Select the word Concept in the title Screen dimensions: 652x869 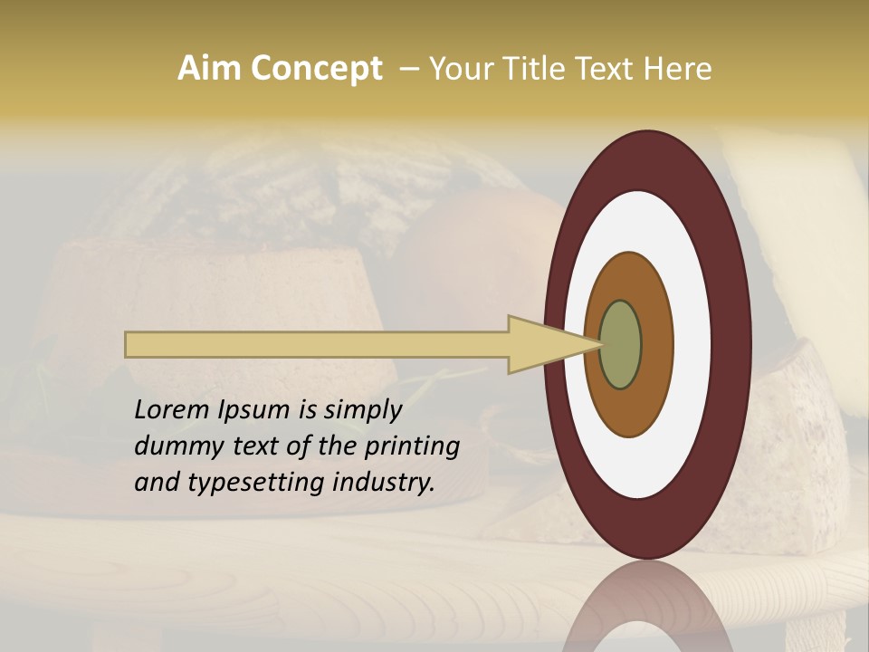[317, 68]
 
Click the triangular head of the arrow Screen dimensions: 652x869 [543, 344]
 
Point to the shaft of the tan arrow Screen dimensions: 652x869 [317, 344]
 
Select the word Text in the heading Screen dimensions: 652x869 [608, 68]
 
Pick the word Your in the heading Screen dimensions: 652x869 [458, 68]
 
